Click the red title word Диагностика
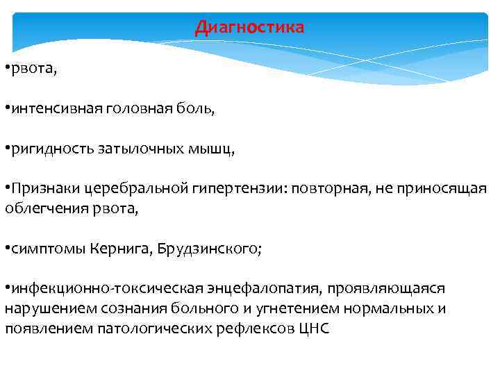249,27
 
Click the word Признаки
43,189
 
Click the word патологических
138,328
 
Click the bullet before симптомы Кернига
7,248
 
